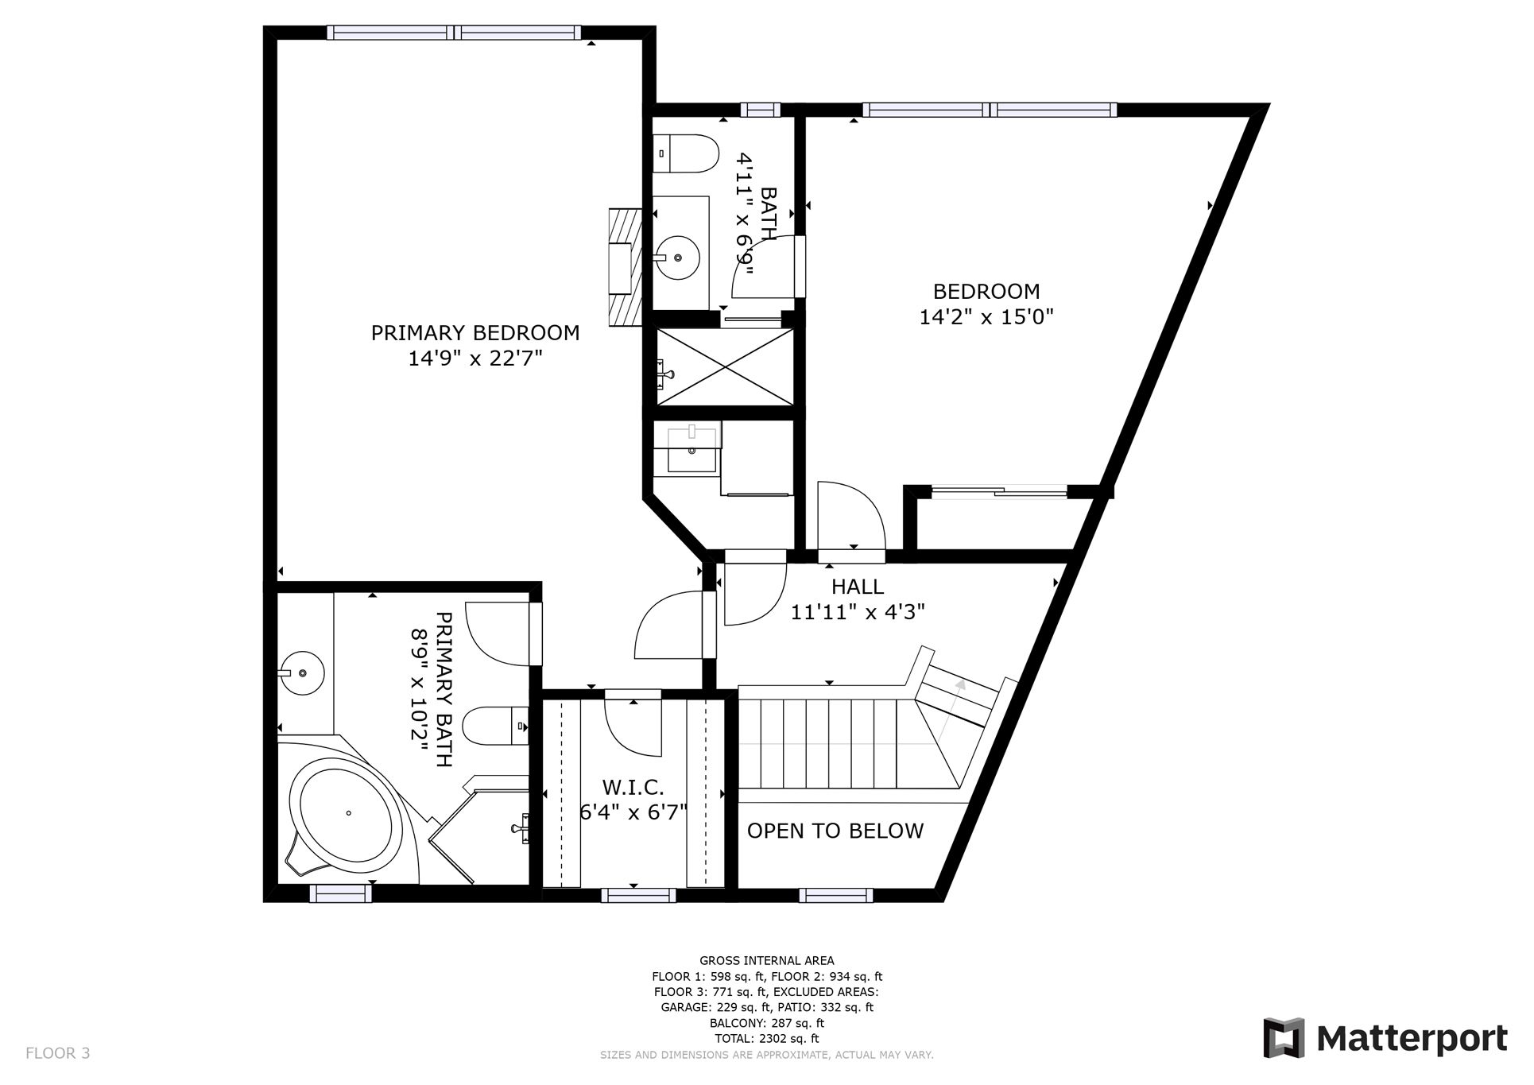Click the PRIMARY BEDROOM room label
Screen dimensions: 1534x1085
coord(475,333)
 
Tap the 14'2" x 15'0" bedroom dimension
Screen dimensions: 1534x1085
coord(986,318)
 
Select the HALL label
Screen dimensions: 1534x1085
coord(858,587)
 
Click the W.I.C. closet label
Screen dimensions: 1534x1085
coord(633,788)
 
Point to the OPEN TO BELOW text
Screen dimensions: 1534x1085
coord(835,831)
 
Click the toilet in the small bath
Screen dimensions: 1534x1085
coord(685,154)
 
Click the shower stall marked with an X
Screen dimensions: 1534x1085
coord(723,368)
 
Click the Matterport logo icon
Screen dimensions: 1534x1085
coord(1284,1038)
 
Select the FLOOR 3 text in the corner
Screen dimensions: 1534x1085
coord(57,1054)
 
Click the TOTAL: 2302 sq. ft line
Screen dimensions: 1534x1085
coord(767,1039)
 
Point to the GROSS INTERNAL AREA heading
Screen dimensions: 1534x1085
coord(767,961)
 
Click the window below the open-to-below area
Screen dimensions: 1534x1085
coord(835,896)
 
